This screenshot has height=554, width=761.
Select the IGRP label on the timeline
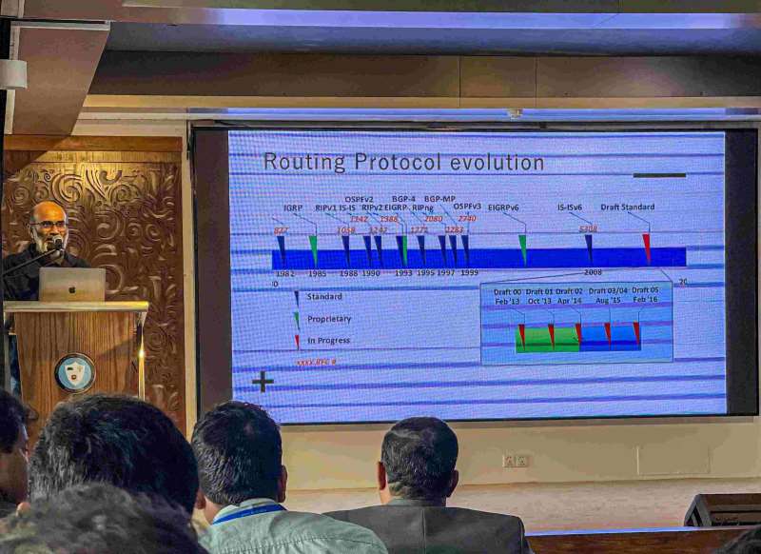293,208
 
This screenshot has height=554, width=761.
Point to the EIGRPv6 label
503,208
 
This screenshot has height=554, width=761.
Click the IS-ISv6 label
570,207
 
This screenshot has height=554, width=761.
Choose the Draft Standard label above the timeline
627,207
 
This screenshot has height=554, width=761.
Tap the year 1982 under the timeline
283,273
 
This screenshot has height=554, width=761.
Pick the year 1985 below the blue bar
317,273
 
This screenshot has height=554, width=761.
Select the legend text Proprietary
328,319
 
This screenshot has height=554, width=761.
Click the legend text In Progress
328,341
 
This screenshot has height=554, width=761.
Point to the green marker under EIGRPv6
523,247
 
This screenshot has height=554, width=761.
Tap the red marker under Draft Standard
646,247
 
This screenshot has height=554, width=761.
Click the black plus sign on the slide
263,381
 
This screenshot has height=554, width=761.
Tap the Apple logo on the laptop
72,284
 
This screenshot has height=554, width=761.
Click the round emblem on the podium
74,372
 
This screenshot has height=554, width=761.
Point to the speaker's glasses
48,226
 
